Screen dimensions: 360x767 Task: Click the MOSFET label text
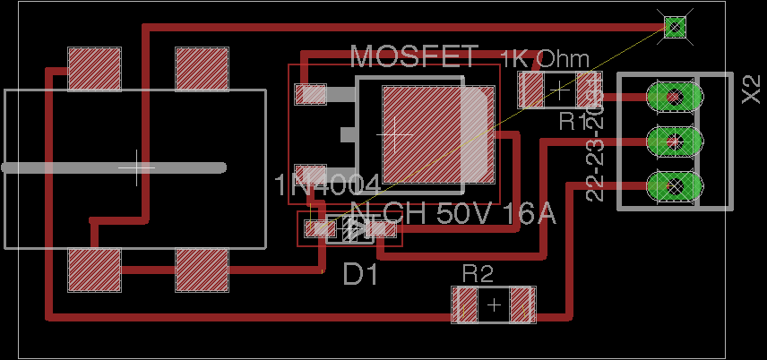(414, 56)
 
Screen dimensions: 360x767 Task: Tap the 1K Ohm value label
(545, 60)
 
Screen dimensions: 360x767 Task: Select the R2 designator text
(478, 274)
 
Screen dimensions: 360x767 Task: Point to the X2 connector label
(751, 90)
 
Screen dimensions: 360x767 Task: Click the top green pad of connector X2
(673, 95)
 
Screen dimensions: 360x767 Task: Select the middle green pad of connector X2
(673, 141)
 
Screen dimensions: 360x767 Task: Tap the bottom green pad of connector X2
(673, 186)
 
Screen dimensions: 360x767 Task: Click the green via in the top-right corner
(675, 27)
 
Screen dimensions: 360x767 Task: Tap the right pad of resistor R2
(522, 305)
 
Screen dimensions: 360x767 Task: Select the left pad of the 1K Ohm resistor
(532, 90)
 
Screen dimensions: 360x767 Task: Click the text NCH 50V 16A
(452, 215)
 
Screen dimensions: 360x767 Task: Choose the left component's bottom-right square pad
(202, 271)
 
